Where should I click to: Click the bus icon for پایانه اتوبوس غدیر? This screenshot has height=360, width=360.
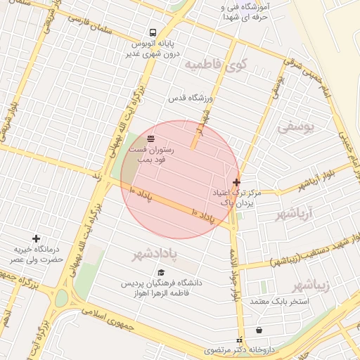(x=152, y=32)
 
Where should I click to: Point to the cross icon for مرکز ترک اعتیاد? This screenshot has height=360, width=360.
(x=236, y=182)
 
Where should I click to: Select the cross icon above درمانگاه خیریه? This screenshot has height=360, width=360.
(x=36, y=239)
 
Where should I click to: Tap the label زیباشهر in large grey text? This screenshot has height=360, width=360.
(x=311, y=285)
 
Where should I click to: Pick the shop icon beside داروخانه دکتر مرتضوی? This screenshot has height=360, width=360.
(x=259, y=330)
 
